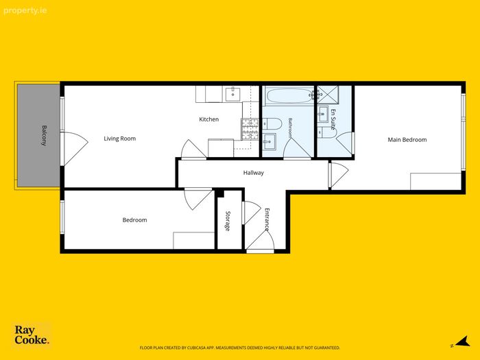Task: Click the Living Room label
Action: [x=120, y=139]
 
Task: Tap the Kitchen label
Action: [x=208, y=119]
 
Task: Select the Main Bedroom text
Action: [x=407, y=140]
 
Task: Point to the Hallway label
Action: [x=254, y=173]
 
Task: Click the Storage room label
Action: [x=228, y=221]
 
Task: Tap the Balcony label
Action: [x=45, y=135]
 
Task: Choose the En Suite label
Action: [x=333, y=119]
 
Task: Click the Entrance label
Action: [x=267, y=219]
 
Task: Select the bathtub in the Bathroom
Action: [x=289, y=95]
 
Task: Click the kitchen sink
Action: [x=233, y=94]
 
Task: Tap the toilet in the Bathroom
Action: [x=272, y=124]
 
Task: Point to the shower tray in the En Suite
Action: [x=328, y=95]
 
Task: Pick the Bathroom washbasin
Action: [x=269, y=142]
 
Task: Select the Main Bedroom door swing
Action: [x=340, y=174]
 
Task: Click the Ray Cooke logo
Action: [x=32, y=335]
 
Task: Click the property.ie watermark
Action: [x=25, y=11]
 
